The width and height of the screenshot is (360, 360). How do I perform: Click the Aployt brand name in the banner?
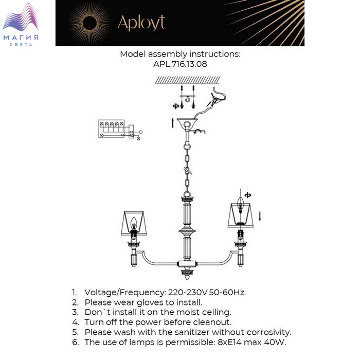141,23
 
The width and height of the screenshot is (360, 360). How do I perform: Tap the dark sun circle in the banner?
89,23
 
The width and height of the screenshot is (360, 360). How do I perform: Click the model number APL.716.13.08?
180,64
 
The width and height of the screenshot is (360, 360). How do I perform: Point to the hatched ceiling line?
188,80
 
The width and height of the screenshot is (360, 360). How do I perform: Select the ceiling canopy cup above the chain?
187,123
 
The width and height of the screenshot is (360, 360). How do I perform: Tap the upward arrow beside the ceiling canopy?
173,123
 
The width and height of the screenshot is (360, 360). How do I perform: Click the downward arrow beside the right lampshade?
260,216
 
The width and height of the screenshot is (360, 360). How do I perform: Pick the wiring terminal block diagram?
120,130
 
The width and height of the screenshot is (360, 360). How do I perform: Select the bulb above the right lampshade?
240,205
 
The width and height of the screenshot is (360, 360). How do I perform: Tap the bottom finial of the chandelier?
187,274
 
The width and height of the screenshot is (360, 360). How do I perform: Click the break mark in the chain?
188,171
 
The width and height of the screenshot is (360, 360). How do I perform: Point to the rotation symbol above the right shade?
247,195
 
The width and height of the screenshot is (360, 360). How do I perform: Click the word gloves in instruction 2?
152,302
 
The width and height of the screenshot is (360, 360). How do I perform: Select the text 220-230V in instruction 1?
188,293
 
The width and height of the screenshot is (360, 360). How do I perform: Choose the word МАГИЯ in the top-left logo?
21,38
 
